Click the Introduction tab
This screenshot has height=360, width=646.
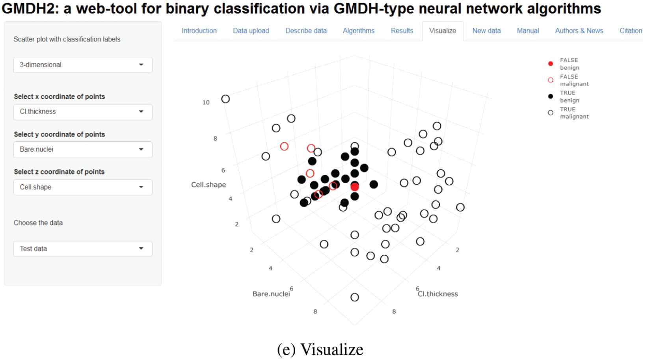pyautogui.click(x=199, y=31)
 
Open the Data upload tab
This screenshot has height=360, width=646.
pyautogui.click(x=251, y=31)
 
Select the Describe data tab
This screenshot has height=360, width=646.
pyautogui.click(x=306, y=31)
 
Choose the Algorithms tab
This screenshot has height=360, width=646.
pyautogui.click(x=358, y=31)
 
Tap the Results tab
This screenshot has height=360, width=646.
pyautogui.click(x=402, y=31)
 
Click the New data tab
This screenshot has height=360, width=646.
pyautogui.click(x=486, y=31)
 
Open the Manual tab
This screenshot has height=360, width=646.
pyautogui.click(x=528, y=31)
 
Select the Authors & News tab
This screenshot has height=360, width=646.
pyautogui.click(x=579, y=31)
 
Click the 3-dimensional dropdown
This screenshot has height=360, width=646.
pyautogui.click(x=83, y=65)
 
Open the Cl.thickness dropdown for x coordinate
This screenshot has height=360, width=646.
pyautogui.click(x=83, y=112)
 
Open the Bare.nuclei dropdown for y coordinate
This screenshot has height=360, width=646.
pyautogui.click(x=83, y=150)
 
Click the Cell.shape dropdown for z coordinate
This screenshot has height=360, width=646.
pyautogui.click(x=83, y=187)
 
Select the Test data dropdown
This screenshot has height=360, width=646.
pyautogui.click(x=83, y=249)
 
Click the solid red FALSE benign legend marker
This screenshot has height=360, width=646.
pyautogui.click(x=551, y=64)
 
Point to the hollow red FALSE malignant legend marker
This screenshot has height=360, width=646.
pyautogui.click(x=551, y=80)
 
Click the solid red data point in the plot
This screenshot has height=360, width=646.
pyautogui.click(x=355, y=187)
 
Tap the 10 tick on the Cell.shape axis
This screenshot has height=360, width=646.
pyautogui.click(x=206, y=102)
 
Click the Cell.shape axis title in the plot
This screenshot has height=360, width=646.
pyautogui.click(x=209, y=185)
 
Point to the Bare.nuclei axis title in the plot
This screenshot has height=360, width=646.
pyautogui.click(x=271, y=294)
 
